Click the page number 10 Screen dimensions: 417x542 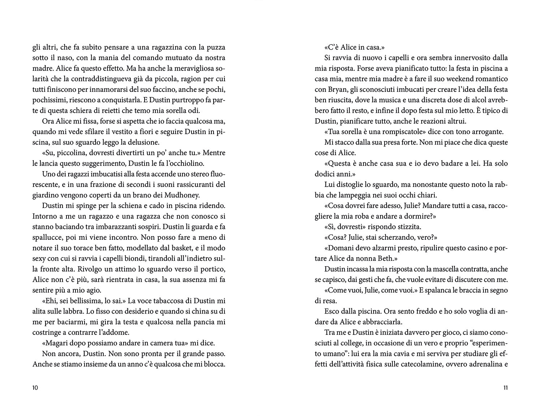pyautogui.click(x=35, y=388)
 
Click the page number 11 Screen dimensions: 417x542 pyautogui.click(x=506, y=388)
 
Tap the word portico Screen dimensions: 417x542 pyautogui.click(x=213, y=269)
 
